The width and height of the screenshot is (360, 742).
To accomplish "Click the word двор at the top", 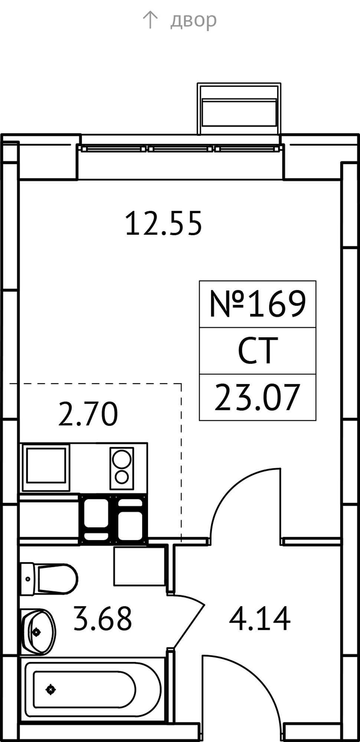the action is (x=193, y=20).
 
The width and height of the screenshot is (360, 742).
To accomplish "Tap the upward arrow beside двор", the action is (x=150, y=20).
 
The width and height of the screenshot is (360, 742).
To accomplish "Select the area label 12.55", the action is (x=164, y=223).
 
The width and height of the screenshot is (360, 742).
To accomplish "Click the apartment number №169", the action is (x=258, y=304).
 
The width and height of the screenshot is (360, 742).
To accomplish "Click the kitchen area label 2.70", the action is (x=88, y=414).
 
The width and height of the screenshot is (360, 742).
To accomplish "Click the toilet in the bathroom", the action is (x=49, y=579).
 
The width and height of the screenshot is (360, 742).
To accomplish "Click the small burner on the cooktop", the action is (x=122, y=477).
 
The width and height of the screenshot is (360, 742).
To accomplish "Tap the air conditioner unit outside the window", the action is (x=239, y=108).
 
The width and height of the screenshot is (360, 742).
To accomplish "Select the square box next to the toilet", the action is (x=140, y=566).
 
